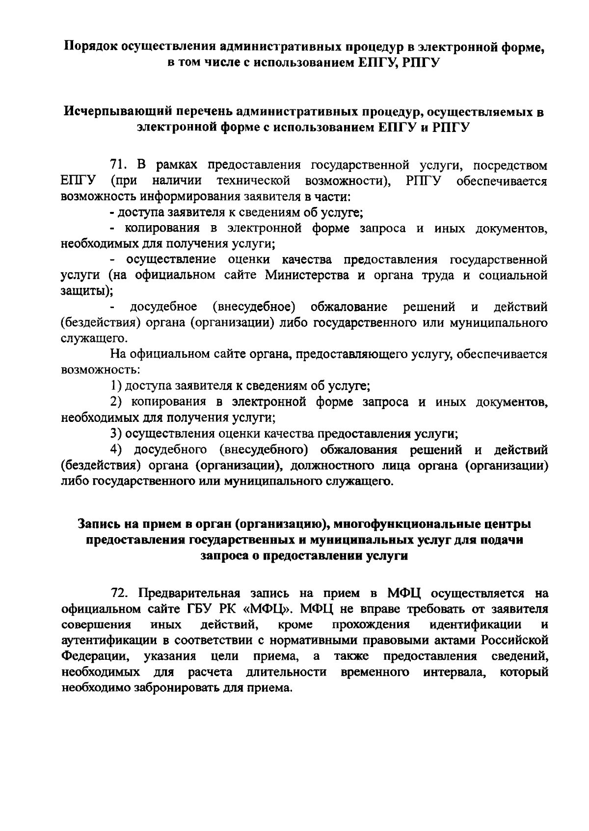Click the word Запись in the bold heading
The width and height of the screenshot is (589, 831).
coord(98,524)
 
